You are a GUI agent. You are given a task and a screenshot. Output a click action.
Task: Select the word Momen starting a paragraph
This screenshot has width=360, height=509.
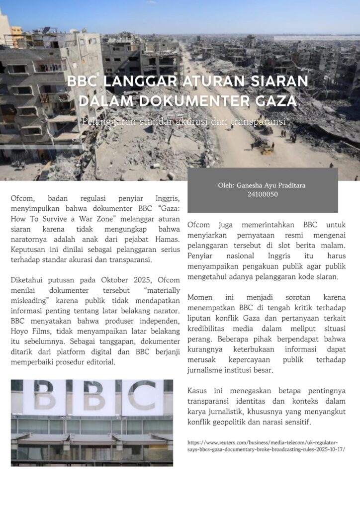[x=200, y=297]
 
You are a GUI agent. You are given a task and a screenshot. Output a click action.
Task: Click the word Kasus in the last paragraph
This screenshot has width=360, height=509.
[x=198, y=390]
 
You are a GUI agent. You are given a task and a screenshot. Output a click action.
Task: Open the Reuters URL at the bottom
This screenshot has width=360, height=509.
[x=266, y=445]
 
